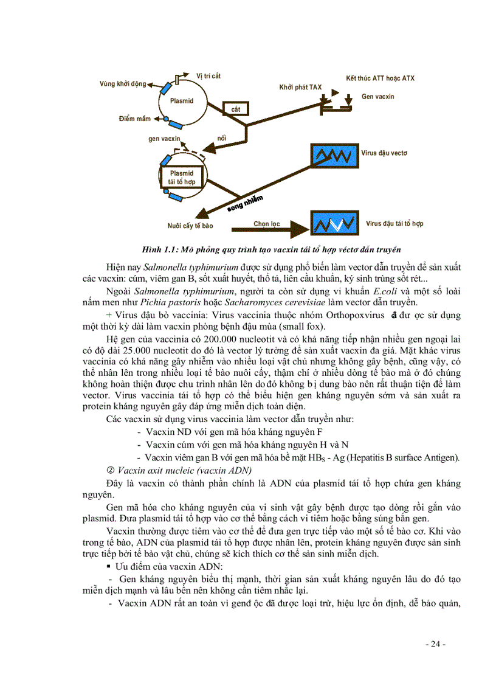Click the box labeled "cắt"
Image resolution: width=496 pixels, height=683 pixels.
coord(236,109)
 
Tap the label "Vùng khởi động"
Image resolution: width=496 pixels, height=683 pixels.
coord(123,83)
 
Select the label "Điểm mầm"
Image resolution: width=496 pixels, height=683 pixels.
coord(134,119)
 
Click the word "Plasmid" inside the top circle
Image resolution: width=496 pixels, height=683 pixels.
coord(182,101)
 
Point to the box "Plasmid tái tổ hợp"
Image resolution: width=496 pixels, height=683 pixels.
coord(182,177)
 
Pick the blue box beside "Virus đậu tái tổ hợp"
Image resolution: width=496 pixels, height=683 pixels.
coord(334,223)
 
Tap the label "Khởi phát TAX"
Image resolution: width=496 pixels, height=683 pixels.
coord(300,87)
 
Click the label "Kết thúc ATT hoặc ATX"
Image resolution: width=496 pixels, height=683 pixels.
coord(381,78)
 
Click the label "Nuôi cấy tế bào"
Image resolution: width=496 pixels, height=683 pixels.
coord(190,226)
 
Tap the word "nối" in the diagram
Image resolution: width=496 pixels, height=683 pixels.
coord(222,139)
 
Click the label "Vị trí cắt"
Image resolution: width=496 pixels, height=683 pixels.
coord(208,75)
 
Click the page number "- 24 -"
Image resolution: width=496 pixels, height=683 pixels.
coord(435,644)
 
